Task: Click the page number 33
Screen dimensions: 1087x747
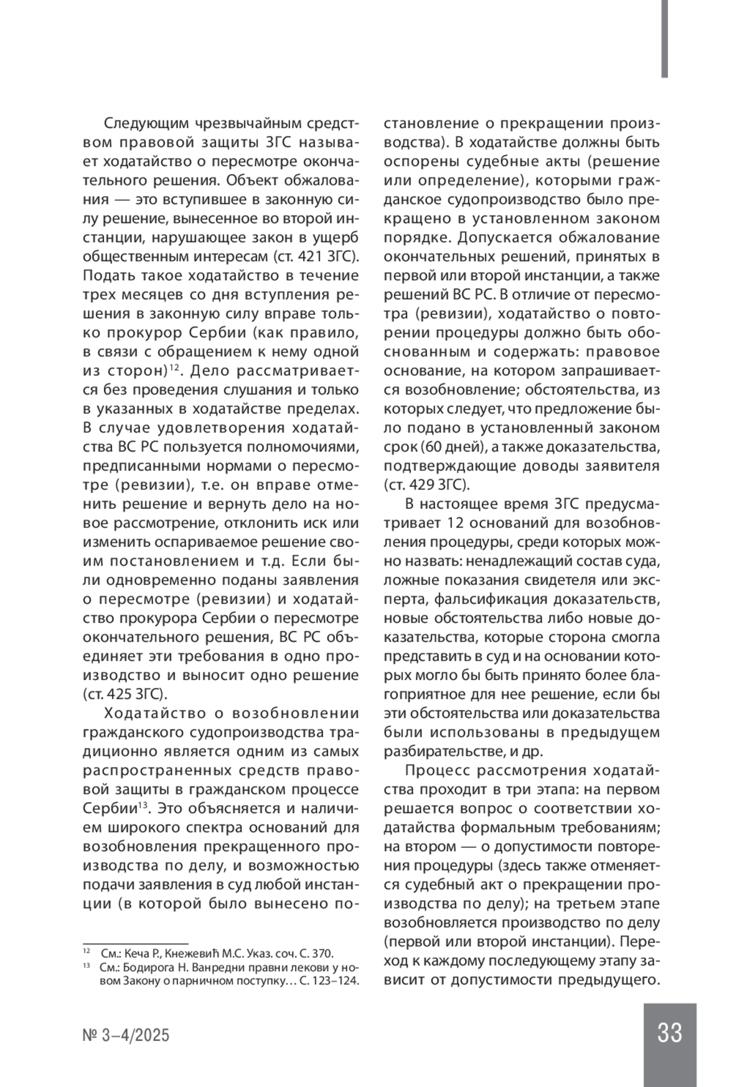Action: click(x=669, y=1033)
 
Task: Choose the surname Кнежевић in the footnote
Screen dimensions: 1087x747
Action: click(x=192, y=953)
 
